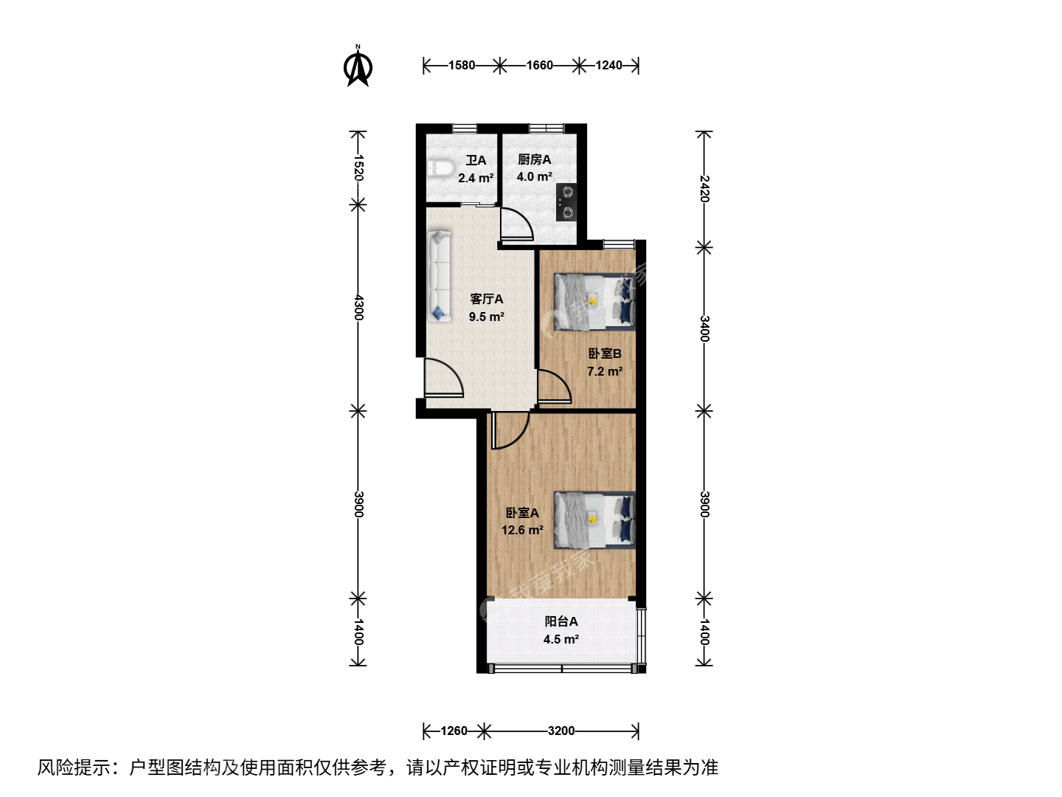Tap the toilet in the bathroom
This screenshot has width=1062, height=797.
click(x=440, y=168)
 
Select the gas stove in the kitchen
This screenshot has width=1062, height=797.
click(x=566, y=202)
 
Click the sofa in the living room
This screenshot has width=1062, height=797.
click(x=440, y=276)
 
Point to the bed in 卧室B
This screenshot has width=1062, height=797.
click(x=594, y=302)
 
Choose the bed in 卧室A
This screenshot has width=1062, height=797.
click(x=594, y=520)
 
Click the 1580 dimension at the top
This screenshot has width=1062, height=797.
click(x=462, y=66)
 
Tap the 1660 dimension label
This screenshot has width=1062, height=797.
click(x=539, y=66)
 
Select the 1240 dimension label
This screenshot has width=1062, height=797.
click(x=608, y=66)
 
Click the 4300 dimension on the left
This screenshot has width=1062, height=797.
click(x=358, y=307)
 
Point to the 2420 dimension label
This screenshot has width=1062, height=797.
click(x=704, y=189)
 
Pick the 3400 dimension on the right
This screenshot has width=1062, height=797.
click(x=704, y=328)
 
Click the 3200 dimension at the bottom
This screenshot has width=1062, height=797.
click(x=561, y=731)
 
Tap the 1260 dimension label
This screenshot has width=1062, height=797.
click(x=454, y=731)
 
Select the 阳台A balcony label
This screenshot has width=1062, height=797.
click(x=561, y=621)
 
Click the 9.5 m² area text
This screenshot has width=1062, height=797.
click(x=487, y=317)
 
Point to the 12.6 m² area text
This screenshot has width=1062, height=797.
click(x=522, y=530)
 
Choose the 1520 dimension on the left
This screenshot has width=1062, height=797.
click(x=358, y=168)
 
